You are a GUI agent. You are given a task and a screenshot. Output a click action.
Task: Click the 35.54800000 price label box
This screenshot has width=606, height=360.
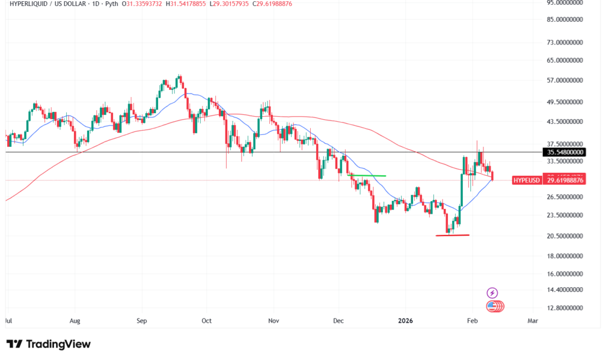click(x=564, y=152)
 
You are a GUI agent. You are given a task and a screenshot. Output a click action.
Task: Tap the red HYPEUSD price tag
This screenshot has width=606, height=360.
click(x=548, y=180)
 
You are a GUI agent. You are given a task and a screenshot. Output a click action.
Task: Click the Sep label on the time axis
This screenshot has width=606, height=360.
click(x=141, y=320)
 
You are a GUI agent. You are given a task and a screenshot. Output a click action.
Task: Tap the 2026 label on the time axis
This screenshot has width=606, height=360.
click(x=405, y=320)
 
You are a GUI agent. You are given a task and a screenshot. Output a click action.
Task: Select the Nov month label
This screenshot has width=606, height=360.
click(x=273, y=320)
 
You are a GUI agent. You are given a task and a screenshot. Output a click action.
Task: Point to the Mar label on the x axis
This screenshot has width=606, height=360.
click(x=533, y=320)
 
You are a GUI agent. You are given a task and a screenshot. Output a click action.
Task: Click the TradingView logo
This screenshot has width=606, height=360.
click(x=49, y=344)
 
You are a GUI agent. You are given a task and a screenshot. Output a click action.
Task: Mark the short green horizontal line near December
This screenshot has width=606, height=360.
click(x=368, y=176)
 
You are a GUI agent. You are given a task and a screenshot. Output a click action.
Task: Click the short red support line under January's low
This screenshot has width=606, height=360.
click(x=452, y=236)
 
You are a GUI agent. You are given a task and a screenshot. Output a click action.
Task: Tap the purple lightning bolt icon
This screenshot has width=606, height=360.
click(x=492, y=292)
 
